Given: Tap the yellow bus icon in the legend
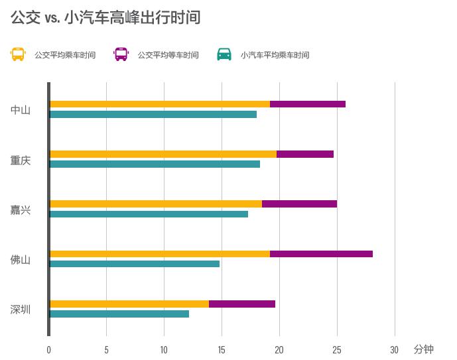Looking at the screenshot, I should (18, 54).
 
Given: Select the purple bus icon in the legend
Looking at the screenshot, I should (121, 54).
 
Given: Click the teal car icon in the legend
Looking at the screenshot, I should (224, 54).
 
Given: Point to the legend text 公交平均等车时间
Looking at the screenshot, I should (168, 55).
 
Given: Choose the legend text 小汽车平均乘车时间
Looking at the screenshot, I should (275, 55).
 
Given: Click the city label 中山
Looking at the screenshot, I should (21, 110).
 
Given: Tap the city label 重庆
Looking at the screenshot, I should (21, 160).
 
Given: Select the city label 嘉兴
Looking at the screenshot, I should (21, 210).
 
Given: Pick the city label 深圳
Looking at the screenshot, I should (21, 310).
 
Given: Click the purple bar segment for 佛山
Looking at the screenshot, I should (321, 254).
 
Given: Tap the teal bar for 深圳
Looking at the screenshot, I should (119, 314).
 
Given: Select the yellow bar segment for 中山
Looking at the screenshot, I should (160, 104).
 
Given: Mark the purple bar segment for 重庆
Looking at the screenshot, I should (305, 154).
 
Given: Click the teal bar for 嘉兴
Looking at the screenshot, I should (149, 214).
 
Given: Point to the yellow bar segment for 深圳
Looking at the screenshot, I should (129, 304).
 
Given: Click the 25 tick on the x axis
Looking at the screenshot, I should (337, 350).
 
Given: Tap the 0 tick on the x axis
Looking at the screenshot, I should (48, 350).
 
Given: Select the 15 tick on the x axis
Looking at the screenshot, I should (222, 350).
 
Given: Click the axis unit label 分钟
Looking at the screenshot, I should (423, 349).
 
